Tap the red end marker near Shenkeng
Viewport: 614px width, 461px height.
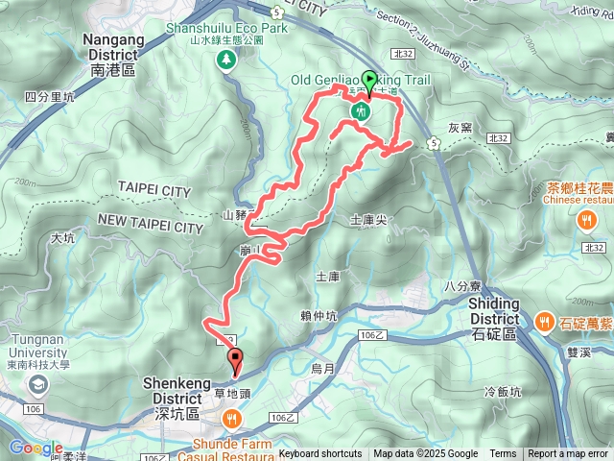(235, 361)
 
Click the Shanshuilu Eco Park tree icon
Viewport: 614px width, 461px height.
(226, 61)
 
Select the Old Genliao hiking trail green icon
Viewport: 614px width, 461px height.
(361, 110)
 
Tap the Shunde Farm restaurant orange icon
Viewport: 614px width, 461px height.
(232, 419)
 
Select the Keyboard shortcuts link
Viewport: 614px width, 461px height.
(320, 454)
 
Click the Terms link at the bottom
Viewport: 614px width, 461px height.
(503, 454)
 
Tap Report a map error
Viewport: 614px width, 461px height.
(569, 454)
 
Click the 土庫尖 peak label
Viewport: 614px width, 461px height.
(368, 220)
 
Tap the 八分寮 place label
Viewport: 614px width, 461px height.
(461, 285)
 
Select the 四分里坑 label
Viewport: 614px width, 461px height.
(51, 97)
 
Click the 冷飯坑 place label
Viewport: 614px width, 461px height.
(503, 392)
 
